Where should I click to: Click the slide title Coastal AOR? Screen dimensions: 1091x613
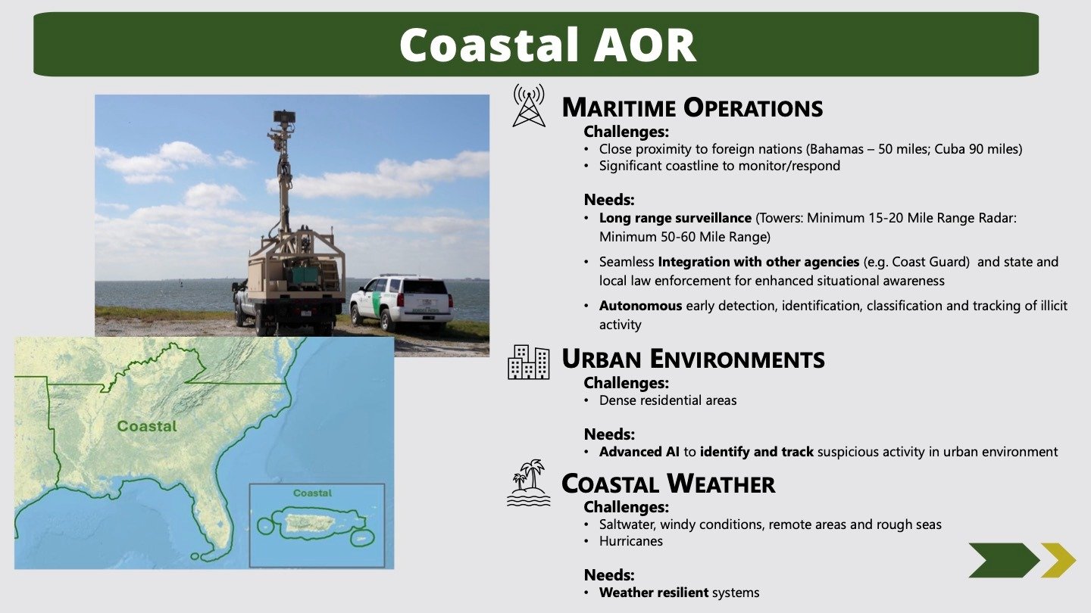coord(548,45)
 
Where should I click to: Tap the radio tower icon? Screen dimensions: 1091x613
coord(529,106)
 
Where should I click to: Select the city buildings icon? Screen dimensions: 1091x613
coord(529,362)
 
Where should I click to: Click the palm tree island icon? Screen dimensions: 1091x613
coord(529,483)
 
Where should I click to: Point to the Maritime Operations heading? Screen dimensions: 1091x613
coord(692,107)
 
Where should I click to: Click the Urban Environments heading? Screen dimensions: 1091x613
coord(693,359)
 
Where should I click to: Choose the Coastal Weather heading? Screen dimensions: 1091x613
coord(668,484)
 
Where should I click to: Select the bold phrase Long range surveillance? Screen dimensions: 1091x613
coord(675,218)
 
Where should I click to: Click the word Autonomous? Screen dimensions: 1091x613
coord(640,306)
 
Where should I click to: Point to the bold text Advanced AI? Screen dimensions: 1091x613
coord(639,452)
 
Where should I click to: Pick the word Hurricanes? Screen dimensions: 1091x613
coord(630,541)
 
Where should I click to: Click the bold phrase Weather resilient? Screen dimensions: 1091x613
coord(654,593)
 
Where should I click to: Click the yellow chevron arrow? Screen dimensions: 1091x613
coord(1058,561)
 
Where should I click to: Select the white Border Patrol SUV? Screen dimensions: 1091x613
coord(402,303)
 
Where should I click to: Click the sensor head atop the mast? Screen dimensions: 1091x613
coord(284,117)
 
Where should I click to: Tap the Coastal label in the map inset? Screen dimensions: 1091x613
coord(312,493)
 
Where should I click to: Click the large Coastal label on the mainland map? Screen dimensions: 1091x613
coord(147,426)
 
